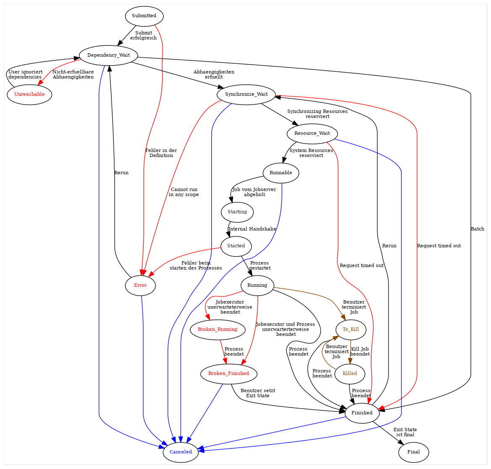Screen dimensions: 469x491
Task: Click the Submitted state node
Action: [144, 16]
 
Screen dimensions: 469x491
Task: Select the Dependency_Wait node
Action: [109, 55]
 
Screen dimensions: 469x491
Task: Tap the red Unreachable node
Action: [29, 94]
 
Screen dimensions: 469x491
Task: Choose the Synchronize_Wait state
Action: [246, 94]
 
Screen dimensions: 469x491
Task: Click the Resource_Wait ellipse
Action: [312, 134]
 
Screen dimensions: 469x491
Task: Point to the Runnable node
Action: [281, 173]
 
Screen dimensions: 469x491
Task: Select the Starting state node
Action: [237, 212]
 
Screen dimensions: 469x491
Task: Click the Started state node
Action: [236, 246]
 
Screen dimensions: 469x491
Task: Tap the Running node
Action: [257, 285]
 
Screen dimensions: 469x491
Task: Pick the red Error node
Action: [140, 286]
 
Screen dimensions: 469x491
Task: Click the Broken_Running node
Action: [218, 329]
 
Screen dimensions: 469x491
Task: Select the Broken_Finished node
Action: [228, 373]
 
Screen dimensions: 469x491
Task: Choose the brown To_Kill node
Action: [351, 329]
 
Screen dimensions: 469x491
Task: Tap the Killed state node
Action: [350, 373]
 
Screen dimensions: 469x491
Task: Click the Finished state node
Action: [362, 413]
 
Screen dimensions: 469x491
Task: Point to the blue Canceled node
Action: [181, 452]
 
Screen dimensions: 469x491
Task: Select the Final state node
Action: [413, 452]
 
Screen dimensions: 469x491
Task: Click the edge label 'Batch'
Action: [477, 229]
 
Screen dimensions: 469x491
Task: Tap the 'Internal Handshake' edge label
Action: [252, 229]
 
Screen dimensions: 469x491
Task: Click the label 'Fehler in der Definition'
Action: [161, 153]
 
